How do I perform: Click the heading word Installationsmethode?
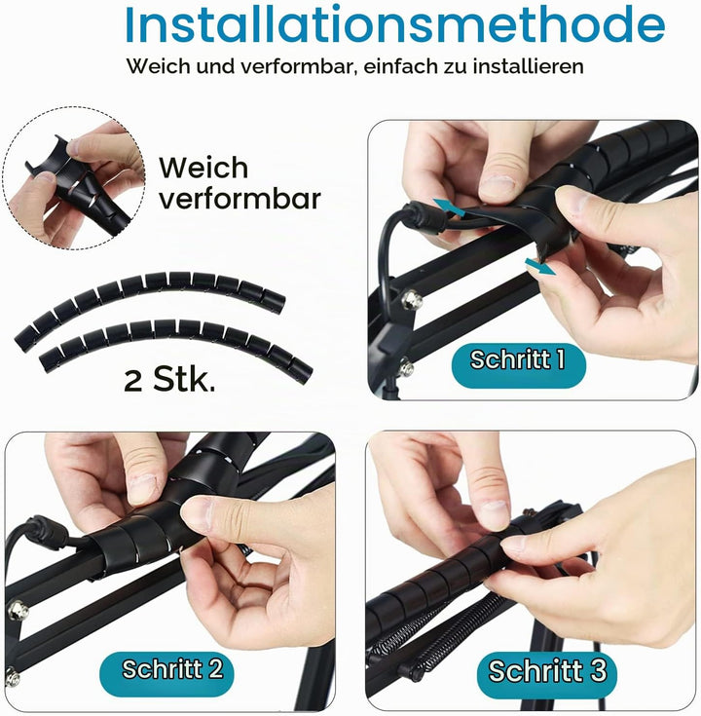pyautogui.click(x=395, y=24)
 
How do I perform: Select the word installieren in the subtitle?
pyautogui.click(x=528, y=66)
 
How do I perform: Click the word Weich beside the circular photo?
pyautogui.click(x=203, y=168)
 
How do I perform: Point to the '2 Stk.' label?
pyautogui.click(x=169, y=380)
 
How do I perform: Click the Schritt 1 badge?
pyautogui.click(x=518, y=365)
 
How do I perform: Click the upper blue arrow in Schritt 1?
pyautogui.click(x=449, y=207)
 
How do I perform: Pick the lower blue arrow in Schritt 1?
pyautogui.click(x=540, y=266)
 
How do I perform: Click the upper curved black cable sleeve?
pyautogui.click(x=150, y=299)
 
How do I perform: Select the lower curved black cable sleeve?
pyautogui.click(x=175, y=342)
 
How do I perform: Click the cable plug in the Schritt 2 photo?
pyautogui.click(x=47, y=533)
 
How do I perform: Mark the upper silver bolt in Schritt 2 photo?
pyautogui.click(x=18, y=611)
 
